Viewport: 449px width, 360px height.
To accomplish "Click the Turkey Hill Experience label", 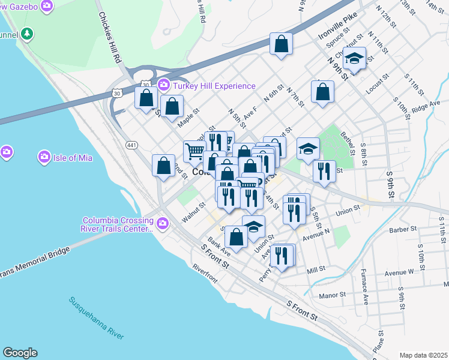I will click(x=214, y=86).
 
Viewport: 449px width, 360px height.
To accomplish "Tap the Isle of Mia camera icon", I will click(x=44, y=158).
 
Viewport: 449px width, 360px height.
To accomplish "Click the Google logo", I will click(x=20, y=353).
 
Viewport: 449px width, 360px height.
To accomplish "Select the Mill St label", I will click(x=316, y=271).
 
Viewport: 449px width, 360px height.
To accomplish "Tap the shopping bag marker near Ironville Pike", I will click(x=281, y=44).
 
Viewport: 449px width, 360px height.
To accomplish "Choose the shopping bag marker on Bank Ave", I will click(x=237, y=236).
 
